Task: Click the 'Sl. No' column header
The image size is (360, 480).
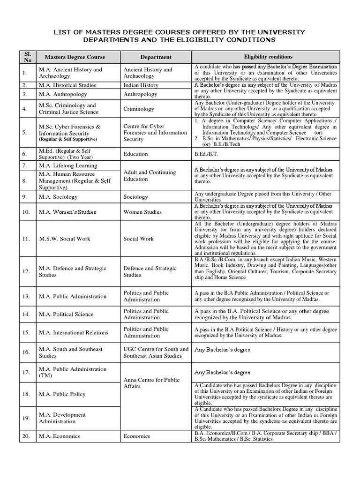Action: (27, 57)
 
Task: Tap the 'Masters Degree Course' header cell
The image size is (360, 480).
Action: (75, 57)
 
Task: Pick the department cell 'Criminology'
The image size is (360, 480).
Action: (139, 109)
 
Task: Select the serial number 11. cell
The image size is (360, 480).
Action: (26, 239)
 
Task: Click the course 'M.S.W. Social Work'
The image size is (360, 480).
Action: (65, 239)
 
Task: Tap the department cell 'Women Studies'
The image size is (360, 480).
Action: (142, 212)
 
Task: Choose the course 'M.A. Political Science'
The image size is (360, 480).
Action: (66, 314)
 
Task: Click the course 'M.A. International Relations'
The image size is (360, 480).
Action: (74, 332)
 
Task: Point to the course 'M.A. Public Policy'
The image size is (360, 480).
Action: (62, 394)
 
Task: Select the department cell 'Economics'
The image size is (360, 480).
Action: (137, 436)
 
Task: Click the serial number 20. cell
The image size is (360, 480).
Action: (26, 436)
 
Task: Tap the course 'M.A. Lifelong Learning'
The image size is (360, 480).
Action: (68, 165)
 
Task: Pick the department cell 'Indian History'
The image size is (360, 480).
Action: (141, 85)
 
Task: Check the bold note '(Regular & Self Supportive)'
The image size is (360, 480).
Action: (68, 139)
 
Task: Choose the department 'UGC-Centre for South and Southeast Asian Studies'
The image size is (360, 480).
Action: (156, 352)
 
